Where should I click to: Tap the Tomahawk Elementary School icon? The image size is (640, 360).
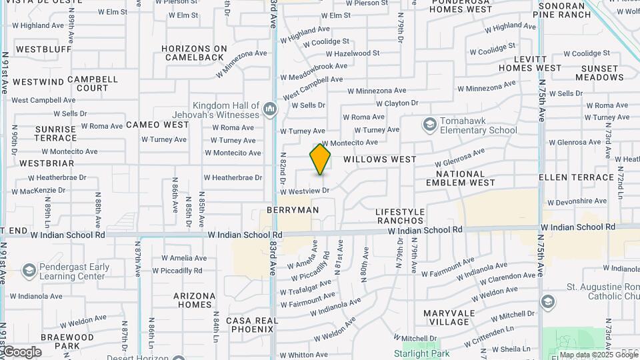(429, 125)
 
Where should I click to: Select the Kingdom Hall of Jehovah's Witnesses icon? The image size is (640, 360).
(270, 109)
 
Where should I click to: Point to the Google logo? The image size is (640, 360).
(22, 352)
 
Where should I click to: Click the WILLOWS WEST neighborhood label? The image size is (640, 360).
(380, 160)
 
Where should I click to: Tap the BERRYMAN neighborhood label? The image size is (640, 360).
(293, 210)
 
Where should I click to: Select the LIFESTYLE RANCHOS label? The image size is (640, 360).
(400, 216)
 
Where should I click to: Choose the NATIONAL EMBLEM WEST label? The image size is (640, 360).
(465, 178)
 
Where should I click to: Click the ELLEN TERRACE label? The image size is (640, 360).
(576, 177)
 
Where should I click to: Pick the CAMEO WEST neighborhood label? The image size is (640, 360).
(157, 125)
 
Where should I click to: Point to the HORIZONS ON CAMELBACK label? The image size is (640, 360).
(194, 53)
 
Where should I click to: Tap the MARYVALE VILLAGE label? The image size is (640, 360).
(449, 317)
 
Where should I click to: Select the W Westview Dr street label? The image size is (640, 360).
(305, 191)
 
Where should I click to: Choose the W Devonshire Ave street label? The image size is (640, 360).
(577, 201)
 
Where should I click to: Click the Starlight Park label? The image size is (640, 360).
(421, 353)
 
